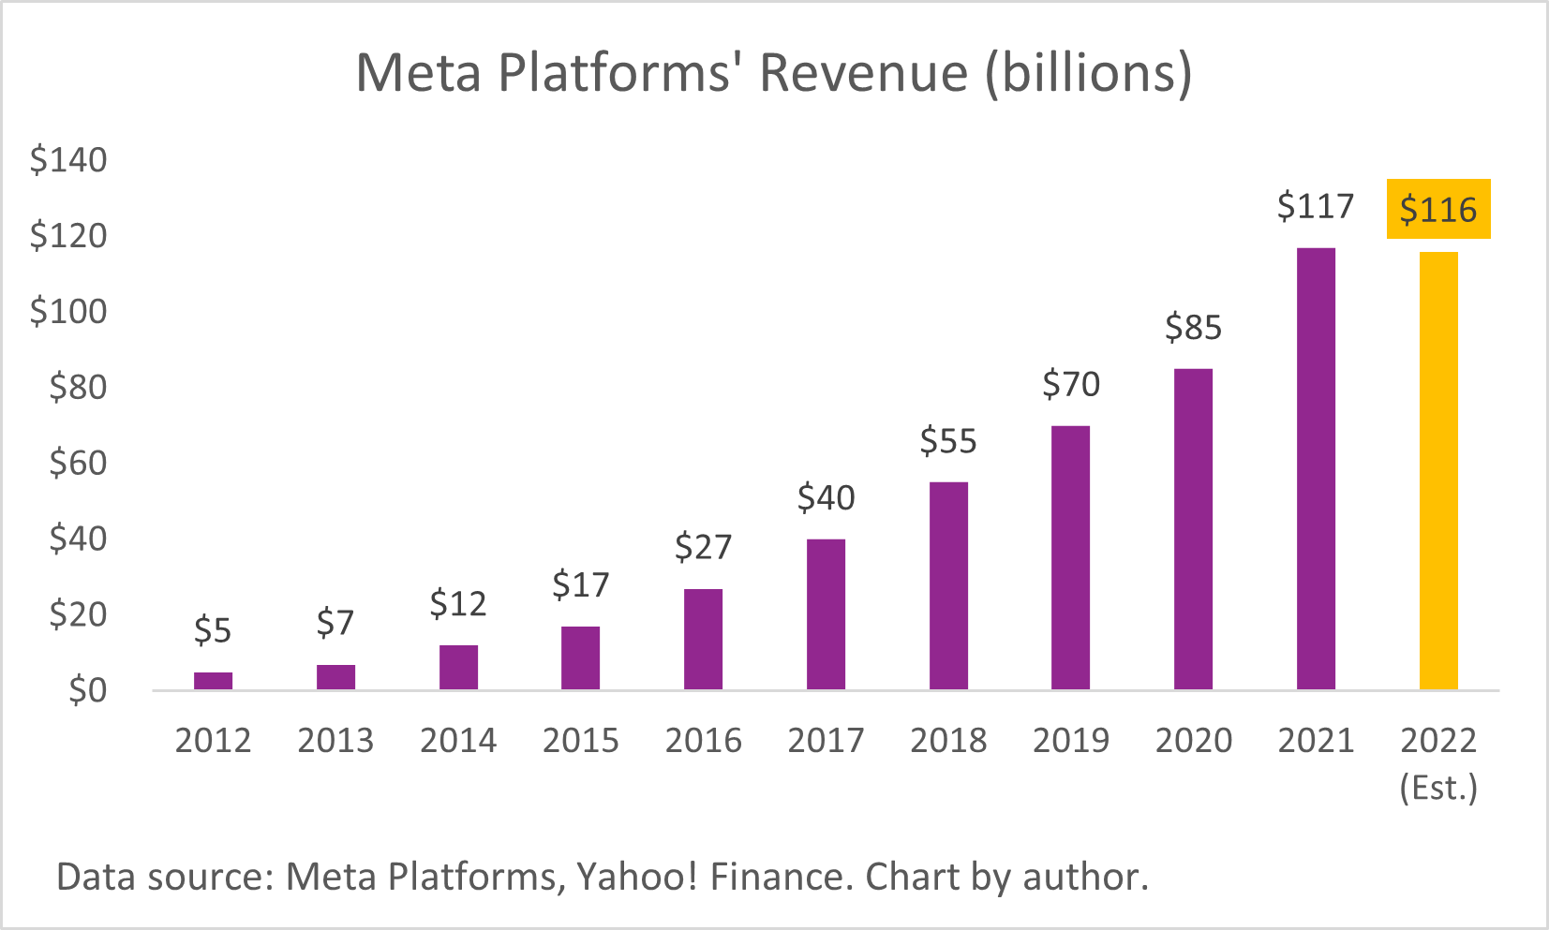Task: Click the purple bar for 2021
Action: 1316,468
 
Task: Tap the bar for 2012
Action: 213,681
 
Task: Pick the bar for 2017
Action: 826,614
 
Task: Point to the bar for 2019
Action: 1070,558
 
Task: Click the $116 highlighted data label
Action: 1438,209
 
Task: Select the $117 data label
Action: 1316,206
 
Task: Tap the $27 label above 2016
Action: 703,547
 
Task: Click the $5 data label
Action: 213,631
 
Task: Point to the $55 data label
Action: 948,441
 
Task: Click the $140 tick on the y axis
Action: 68,160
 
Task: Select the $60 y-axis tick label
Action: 78,463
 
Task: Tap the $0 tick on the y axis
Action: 87,691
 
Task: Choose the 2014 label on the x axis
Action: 458,741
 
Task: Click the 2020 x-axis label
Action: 1193,741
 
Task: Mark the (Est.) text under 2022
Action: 1438,788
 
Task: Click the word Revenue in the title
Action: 863,73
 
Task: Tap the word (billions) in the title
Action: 1088,73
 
